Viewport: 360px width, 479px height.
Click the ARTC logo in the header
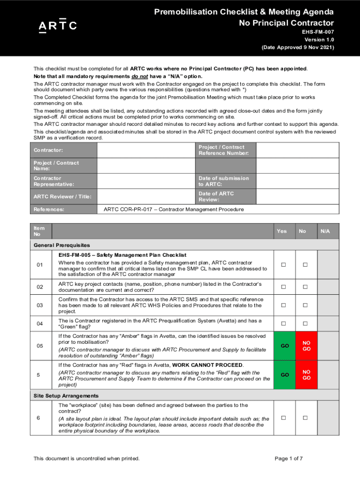click(x=58, y=26)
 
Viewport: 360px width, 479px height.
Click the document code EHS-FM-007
click(x=318, y=32)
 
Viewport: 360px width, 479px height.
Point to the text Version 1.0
click(x=319, y=40)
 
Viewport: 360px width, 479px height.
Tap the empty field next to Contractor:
click(x=145, y=150)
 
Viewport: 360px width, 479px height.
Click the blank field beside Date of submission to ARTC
click(x=298, y=181)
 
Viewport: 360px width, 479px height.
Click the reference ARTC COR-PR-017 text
click(x=173, y=210)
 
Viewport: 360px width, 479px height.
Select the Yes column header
click(x=282, y=231)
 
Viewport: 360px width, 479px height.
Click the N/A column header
click(x=325, y=231)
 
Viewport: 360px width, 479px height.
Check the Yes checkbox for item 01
click(x=282, y=265)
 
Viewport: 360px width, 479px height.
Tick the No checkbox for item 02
click(x=305, y=287)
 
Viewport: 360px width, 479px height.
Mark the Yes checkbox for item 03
click(x=282, y=305)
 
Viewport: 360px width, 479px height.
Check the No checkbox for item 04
click(x=305, y=324)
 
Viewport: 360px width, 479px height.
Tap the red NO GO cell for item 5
click(x=306, y=375)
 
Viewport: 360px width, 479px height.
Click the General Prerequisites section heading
click(x=62, y=245)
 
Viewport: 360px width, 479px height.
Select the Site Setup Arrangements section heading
click(x=66, y=396)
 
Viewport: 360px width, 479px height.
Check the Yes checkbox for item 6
click(x=282, y=418)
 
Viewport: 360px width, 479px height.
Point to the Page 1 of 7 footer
click(x=288, y=458)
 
